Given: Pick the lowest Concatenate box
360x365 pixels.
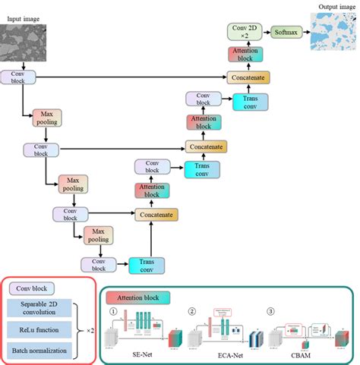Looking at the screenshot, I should tap(156, 215).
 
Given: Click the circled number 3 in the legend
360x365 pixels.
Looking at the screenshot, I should tap(270, 310).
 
